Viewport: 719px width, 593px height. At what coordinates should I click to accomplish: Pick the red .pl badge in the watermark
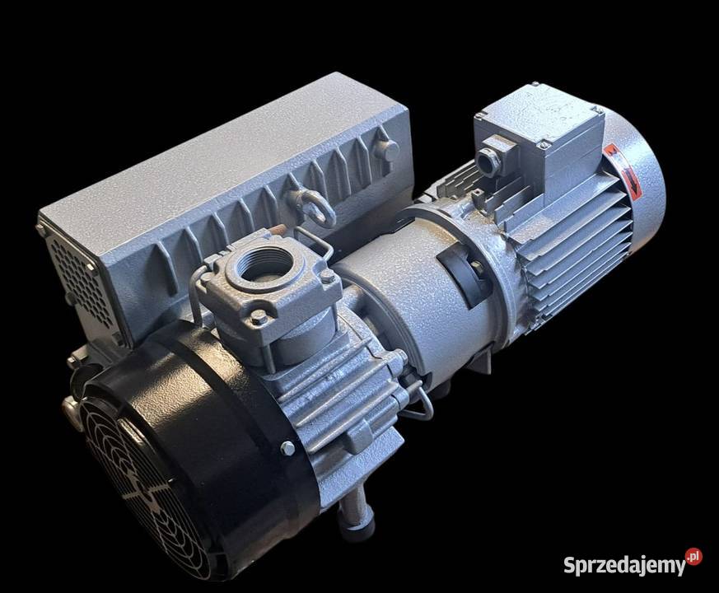[693, 555]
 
